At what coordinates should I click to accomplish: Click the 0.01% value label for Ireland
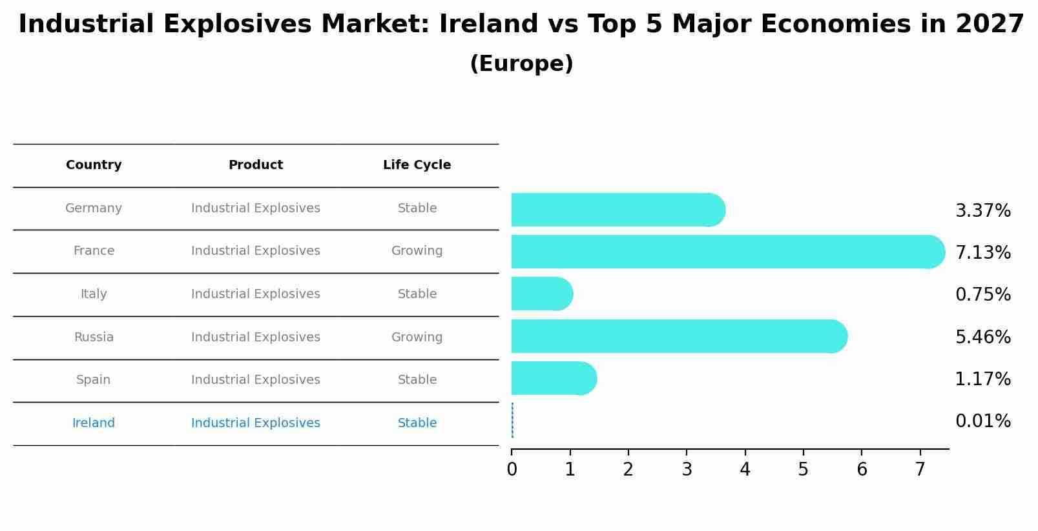pos(982,421)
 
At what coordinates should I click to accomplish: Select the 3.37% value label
pos(982,211)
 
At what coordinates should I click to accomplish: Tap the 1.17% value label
pos(982,379)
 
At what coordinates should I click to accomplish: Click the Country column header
pos(94,165)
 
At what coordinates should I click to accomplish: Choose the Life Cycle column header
pos(417,165)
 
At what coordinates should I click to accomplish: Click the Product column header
pos(255,165)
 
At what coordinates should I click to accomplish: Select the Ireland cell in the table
pos(94,423)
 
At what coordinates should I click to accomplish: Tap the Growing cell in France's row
pos(417,251)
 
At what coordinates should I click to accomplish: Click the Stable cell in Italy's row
pos(417,294)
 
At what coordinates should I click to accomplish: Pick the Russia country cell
pos(94,337)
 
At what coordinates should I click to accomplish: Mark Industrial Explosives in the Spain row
pos(255,380)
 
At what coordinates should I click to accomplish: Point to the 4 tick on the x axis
pos(745,470)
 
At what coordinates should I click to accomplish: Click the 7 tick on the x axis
pos(920,470)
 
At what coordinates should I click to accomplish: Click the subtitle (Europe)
pos(521,64)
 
